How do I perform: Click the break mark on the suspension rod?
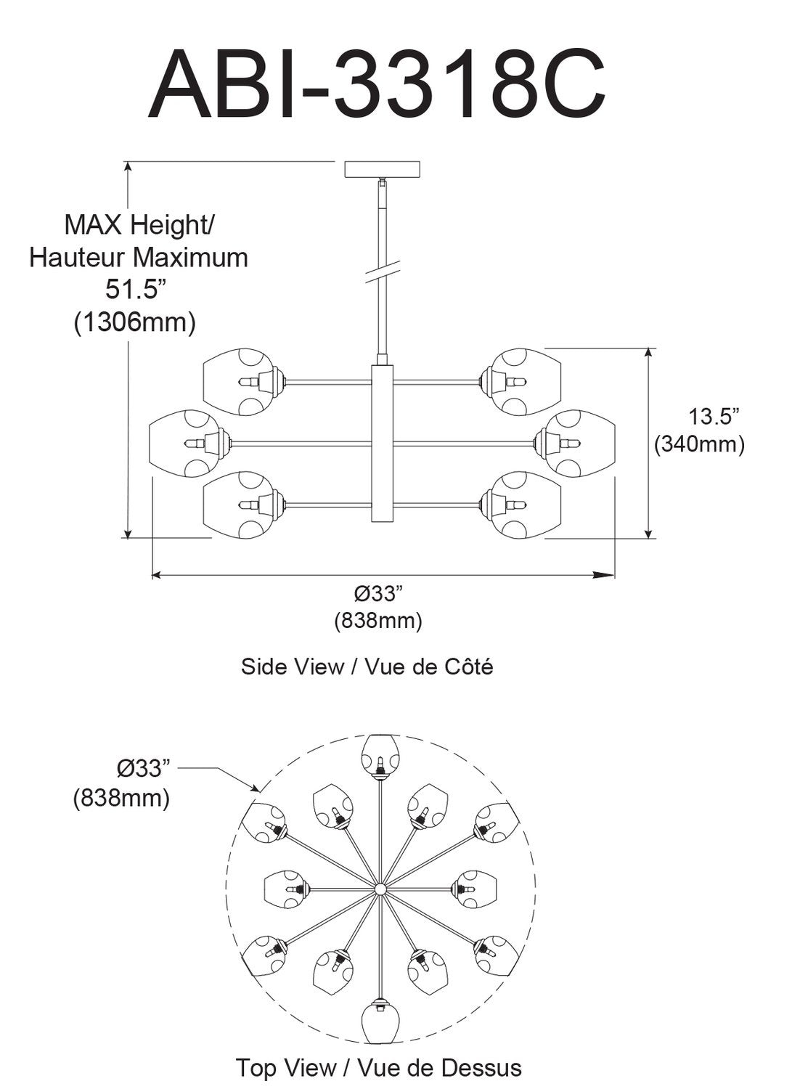pyautogui.click(x=382, y=270)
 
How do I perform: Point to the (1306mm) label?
pyautogui.click(x=135, y=322)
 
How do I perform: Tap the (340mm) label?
pyautogui.click(x=700, y=444)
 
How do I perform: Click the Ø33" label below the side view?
pyautogui.click(x=378, y=594)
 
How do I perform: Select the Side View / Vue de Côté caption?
pyautogui.click(x=367, y=666)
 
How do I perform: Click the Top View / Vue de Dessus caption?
pyautogui.click(x=378, y=1068)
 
